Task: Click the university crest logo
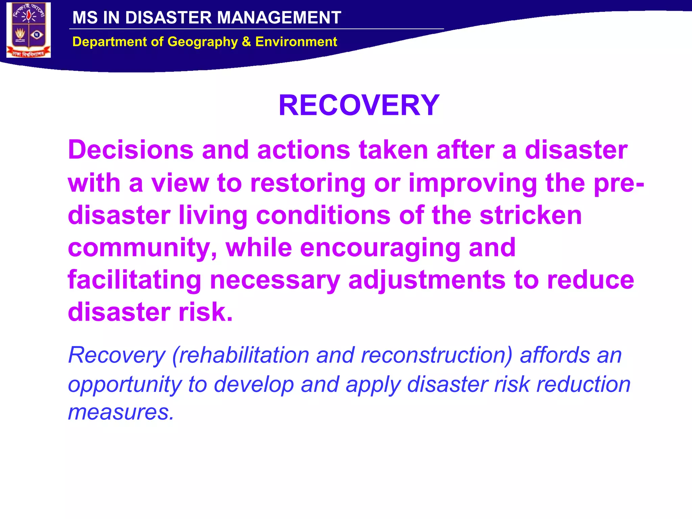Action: point(29,30)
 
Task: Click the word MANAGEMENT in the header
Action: point(279,18)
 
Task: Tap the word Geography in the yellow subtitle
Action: point(203,42)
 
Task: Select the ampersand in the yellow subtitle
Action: point(246,42)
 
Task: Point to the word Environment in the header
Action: point(296,42)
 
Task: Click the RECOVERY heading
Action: point(359,105)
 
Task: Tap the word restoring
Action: point(308,183)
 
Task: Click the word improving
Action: point(473,183)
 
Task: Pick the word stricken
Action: point(530,215)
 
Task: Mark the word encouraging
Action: point(380,248)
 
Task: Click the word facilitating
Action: point(134,280)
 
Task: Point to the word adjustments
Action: point(427,280)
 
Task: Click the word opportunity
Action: point(124,385)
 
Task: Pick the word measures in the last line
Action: point(121,412)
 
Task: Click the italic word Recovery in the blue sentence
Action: point(117,355)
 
